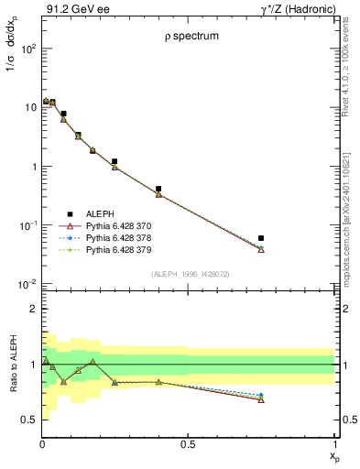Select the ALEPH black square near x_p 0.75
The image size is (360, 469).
click(x=261, y=238)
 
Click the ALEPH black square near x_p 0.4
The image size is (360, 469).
click(x=158, y=189)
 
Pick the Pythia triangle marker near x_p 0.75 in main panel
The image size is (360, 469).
click(x=261, y=249)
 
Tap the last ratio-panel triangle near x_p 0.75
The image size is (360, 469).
click(x=261, y=399)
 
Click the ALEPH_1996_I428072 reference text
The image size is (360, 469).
click(x=190, y=273)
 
